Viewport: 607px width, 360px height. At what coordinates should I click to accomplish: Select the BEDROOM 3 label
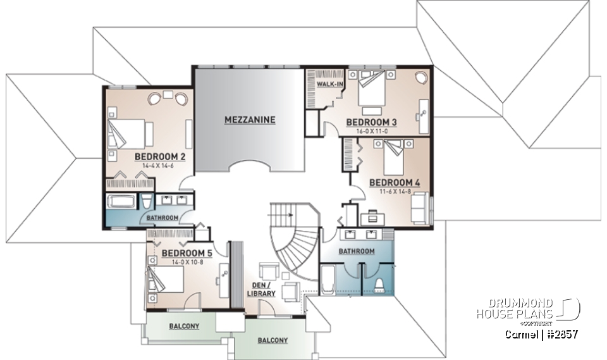(371, 122)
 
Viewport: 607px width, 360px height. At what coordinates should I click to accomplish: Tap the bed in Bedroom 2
(130, 133)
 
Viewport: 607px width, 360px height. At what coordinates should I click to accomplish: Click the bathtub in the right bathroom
(328, 280)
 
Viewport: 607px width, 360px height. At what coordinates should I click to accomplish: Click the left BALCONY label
(184, 326)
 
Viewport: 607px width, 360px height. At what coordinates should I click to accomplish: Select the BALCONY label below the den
(273, 340)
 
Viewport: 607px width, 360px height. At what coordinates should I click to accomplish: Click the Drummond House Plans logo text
(515, 309)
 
